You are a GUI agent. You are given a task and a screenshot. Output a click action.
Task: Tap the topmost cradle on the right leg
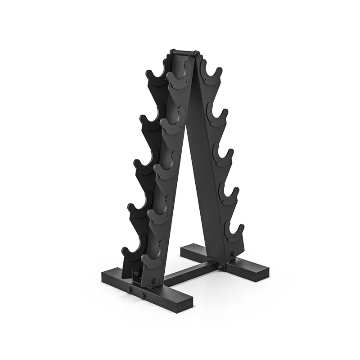209,74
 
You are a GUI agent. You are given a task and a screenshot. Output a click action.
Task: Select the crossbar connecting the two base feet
189,273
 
